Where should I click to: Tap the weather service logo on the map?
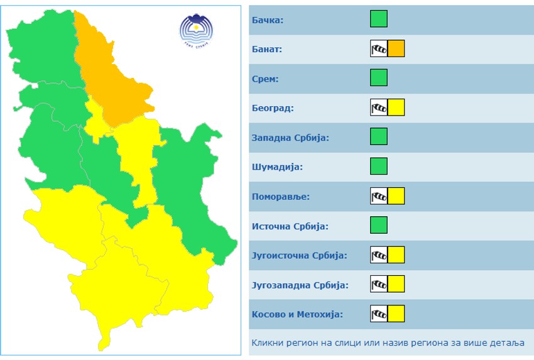coord(197,30)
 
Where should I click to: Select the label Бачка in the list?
coord(267,20)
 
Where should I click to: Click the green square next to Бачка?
coord(378,19)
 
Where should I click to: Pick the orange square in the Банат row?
coord(396,48)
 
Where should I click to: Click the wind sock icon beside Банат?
coord(379,48)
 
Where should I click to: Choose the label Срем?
coord(265,79)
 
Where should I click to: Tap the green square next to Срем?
coord(378,78)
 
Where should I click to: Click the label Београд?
coord(272,108)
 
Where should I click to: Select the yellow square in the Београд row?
coord(396,107)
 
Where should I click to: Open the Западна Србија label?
coord(290,138)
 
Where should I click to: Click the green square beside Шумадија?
coord(378,166)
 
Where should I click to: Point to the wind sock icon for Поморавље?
coord(379,196)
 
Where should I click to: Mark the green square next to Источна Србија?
coord(378,225)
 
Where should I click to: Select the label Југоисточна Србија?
coord(299,256)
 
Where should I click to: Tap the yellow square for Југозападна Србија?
coord(396,284)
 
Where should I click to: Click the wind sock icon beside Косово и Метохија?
coord(379,314)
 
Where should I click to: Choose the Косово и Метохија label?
coord(297,315)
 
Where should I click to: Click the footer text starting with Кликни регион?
coord(388,344)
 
